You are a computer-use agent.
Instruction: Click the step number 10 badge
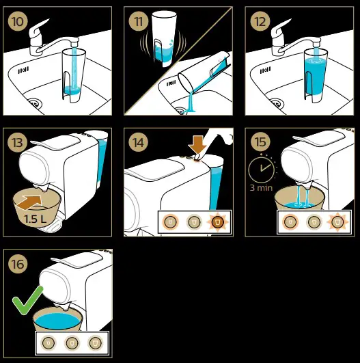[18, 21]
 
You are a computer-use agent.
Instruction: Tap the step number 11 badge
[139, 21]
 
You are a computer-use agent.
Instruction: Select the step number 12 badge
[260, 21]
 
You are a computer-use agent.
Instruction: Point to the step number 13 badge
[18, 142]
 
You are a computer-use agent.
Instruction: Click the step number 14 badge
[139, 142]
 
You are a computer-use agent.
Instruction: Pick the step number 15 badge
[260, 142]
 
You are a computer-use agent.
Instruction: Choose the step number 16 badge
[18, 263]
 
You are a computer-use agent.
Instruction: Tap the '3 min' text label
[261, 187]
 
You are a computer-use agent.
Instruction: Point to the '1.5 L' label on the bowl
[35, 219]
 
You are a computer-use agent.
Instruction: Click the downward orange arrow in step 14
[197, 145]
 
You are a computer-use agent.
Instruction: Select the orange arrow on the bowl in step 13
[29, 202]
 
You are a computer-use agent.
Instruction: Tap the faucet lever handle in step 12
[280, 31]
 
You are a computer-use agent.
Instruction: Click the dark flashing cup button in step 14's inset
[217, 222]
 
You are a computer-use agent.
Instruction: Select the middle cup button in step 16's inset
[72, 343]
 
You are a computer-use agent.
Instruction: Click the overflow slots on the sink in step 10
[23, 70]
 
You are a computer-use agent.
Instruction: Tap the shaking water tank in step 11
[164, 40]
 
